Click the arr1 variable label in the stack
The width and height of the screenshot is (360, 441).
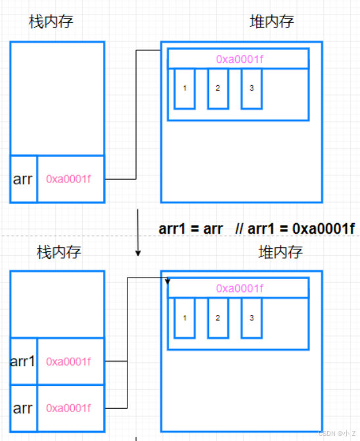(x=22, y=362)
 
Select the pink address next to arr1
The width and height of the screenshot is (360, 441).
(x=68, y=362)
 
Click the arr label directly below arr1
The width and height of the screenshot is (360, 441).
(x=22, y=408)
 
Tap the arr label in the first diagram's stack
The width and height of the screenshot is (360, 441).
(x=22, y=179)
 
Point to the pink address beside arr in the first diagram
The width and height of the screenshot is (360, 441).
(x=68, y=179)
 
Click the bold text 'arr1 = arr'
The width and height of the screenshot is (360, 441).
(x=191, y=228)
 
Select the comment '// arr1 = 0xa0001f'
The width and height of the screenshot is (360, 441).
(x=295, y=228)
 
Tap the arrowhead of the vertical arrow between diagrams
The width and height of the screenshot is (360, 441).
(x=138, y=253)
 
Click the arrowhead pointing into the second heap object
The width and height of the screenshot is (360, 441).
(x=168, y=282)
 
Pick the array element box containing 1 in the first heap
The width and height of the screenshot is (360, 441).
(x=185, y=89)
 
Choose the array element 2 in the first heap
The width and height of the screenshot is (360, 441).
(x=218, y=89)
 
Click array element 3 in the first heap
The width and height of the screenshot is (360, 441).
(x=252, y=89)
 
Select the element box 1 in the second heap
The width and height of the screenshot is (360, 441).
(x=185, y=318)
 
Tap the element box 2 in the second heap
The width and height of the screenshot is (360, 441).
(x=218, y=318)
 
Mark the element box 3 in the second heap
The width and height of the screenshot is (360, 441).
(x=252, y=318)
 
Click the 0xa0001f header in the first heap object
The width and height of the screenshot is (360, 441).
(x=240, y=59)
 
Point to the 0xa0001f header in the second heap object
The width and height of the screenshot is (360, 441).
(x=240, y=289)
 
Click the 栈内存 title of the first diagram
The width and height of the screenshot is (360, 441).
(x=51, y=22)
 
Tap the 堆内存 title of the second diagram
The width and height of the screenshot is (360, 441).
(x=281, y=252)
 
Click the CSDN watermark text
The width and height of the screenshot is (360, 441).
(x=337, y=433)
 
